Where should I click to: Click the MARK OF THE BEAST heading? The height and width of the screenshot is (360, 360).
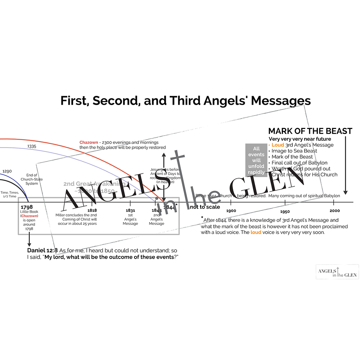coord(310,131)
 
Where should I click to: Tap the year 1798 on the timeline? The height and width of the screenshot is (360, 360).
coord(26,208)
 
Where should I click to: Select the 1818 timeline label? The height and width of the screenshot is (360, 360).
coord(92,210)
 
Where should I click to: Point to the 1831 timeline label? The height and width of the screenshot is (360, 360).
coord(130,210)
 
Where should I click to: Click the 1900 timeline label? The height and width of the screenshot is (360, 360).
coord(231,210)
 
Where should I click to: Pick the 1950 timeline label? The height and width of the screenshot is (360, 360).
coord(285,211)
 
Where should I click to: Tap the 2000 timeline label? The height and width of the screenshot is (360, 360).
coord(335,210)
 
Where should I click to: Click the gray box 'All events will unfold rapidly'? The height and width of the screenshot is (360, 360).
coord(256,160)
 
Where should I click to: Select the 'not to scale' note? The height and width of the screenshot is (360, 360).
coord(205,207)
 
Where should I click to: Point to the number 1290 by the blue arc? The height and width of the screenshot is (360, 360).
coord(7,171)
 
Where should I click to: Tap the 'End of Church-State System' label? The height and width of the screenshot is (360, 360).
coord(32,179)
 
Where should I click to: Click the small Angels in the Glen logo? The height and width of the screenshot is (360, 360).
coord(337,271)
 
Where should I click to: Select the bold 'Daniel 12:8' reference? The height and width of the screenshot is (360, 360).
coord(42,250)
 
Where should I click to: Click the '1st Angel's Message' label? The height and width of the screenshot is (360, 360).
coord(130,219)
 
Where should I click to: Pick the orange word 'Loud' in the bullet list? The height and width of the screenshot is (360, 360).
coord(278,145)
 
